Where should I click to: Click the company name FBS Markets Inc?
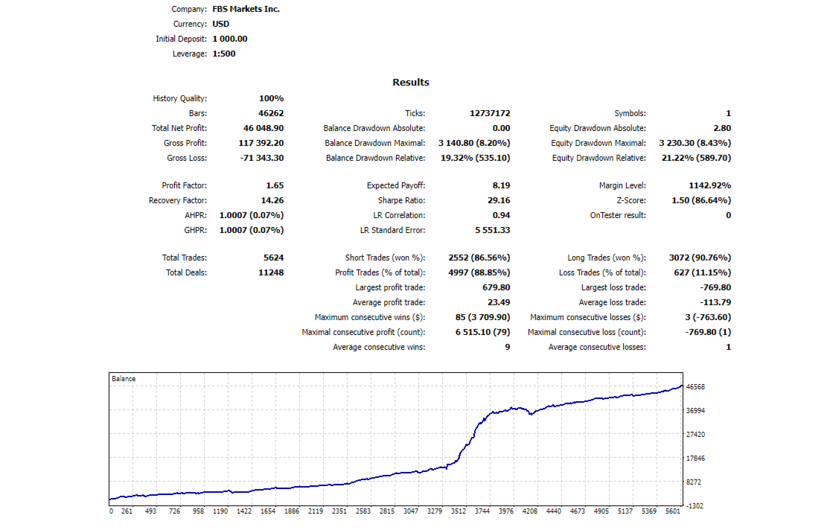click(246, 10)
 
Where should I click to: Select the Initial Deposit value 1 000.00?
click(229, 39)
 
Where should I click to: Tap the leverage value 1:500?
click(223, 54)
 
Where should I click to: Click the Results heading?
click(410, 83)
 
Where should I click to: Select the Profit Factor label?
click(184, 185)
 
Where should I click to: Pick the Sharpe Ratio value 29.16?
click(496, 200)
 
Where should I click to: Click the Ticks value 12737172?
click(490, 113)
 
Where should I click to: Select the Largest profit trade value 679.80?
click(496, 287)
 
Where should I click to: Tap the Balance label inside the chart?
click(124, 379)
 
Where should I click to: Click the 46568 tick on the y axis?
click(696, 387)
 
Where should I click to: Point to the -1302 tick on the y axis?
click(695, 506)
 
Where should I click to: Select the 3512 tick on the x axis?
click(459, 511)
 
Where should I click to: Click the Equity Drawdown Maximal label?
click(598, 143)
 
